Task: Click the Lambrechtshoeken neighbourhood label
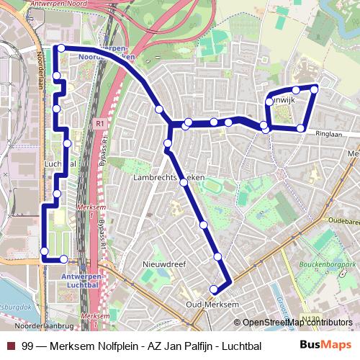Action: coord(168,176)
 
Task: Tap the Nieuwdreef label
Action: coord(164,264)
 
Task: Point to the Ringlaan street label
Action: coord(326,133)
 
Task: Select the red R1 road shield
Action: coord(99,124)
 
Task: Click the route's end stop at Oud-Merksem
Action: coord(214,289)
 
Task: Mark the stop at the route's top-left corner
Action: coord(61,48)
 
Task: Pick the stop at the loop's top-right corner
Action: coord(314,89)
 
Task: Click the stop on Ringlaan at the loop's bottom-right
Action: coord(300,128)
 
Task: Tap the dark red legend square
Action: coord(9,346)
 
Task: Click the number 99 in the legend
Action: coord(28,346)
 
